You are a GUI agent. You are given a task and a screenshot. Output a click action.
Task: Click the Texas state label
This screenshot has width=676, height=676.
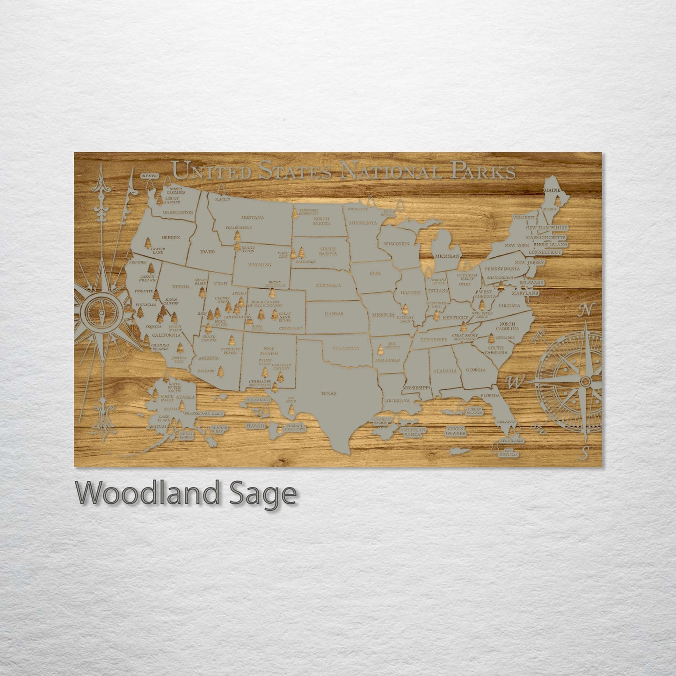[328, 393]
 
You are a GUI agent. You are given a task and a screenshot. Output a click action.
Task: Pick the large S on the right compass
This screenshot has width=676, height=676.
[584, 452]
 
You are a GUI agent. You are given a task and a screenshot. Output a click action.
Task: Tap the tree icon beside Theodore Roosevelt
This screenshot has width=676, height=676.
[295, 213]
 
